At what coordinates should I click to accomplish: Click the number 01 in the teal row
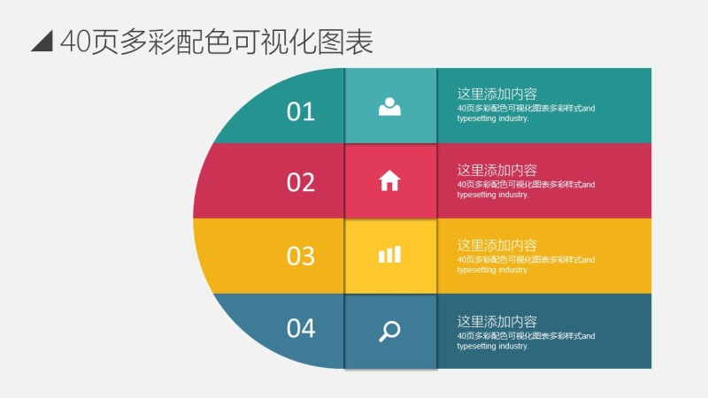(301, 111)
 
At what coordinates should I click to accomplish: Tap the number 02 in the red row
(301, 183)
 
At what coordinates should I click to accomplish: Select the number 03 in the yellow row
(301, 256)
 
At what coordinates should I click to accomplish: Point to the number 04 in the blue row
(301, 328)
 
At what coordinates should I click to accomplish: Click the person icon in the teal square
(389, 106)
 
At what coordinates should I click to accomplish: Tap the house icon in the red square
(389, 180)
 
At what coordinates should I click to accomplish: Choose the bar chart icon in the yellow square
(389, 255)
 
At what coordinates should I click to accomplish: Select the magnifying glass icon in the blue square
(389, 331)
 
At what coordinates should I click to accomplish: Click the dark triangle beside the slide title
(42, 42)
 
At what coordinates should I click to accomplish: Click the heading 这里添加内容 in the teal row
(496, 94)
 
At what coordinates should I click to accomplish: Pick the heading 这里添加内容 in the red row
(496, 170)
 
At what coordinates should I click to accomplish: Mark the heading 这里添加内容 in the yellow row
(496, 246)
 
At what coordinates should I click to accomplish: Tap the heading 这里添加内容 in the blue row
(496, 322)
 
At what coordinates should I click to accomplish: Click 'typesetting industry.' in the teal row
(492, 119)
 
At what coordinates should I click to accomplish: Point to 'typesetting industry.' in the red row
(492, 195)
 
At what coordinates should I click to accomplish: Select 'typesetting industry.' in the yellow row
(492, 270)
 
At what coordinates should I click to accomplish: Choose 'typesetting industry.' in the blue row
(492, 346)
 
